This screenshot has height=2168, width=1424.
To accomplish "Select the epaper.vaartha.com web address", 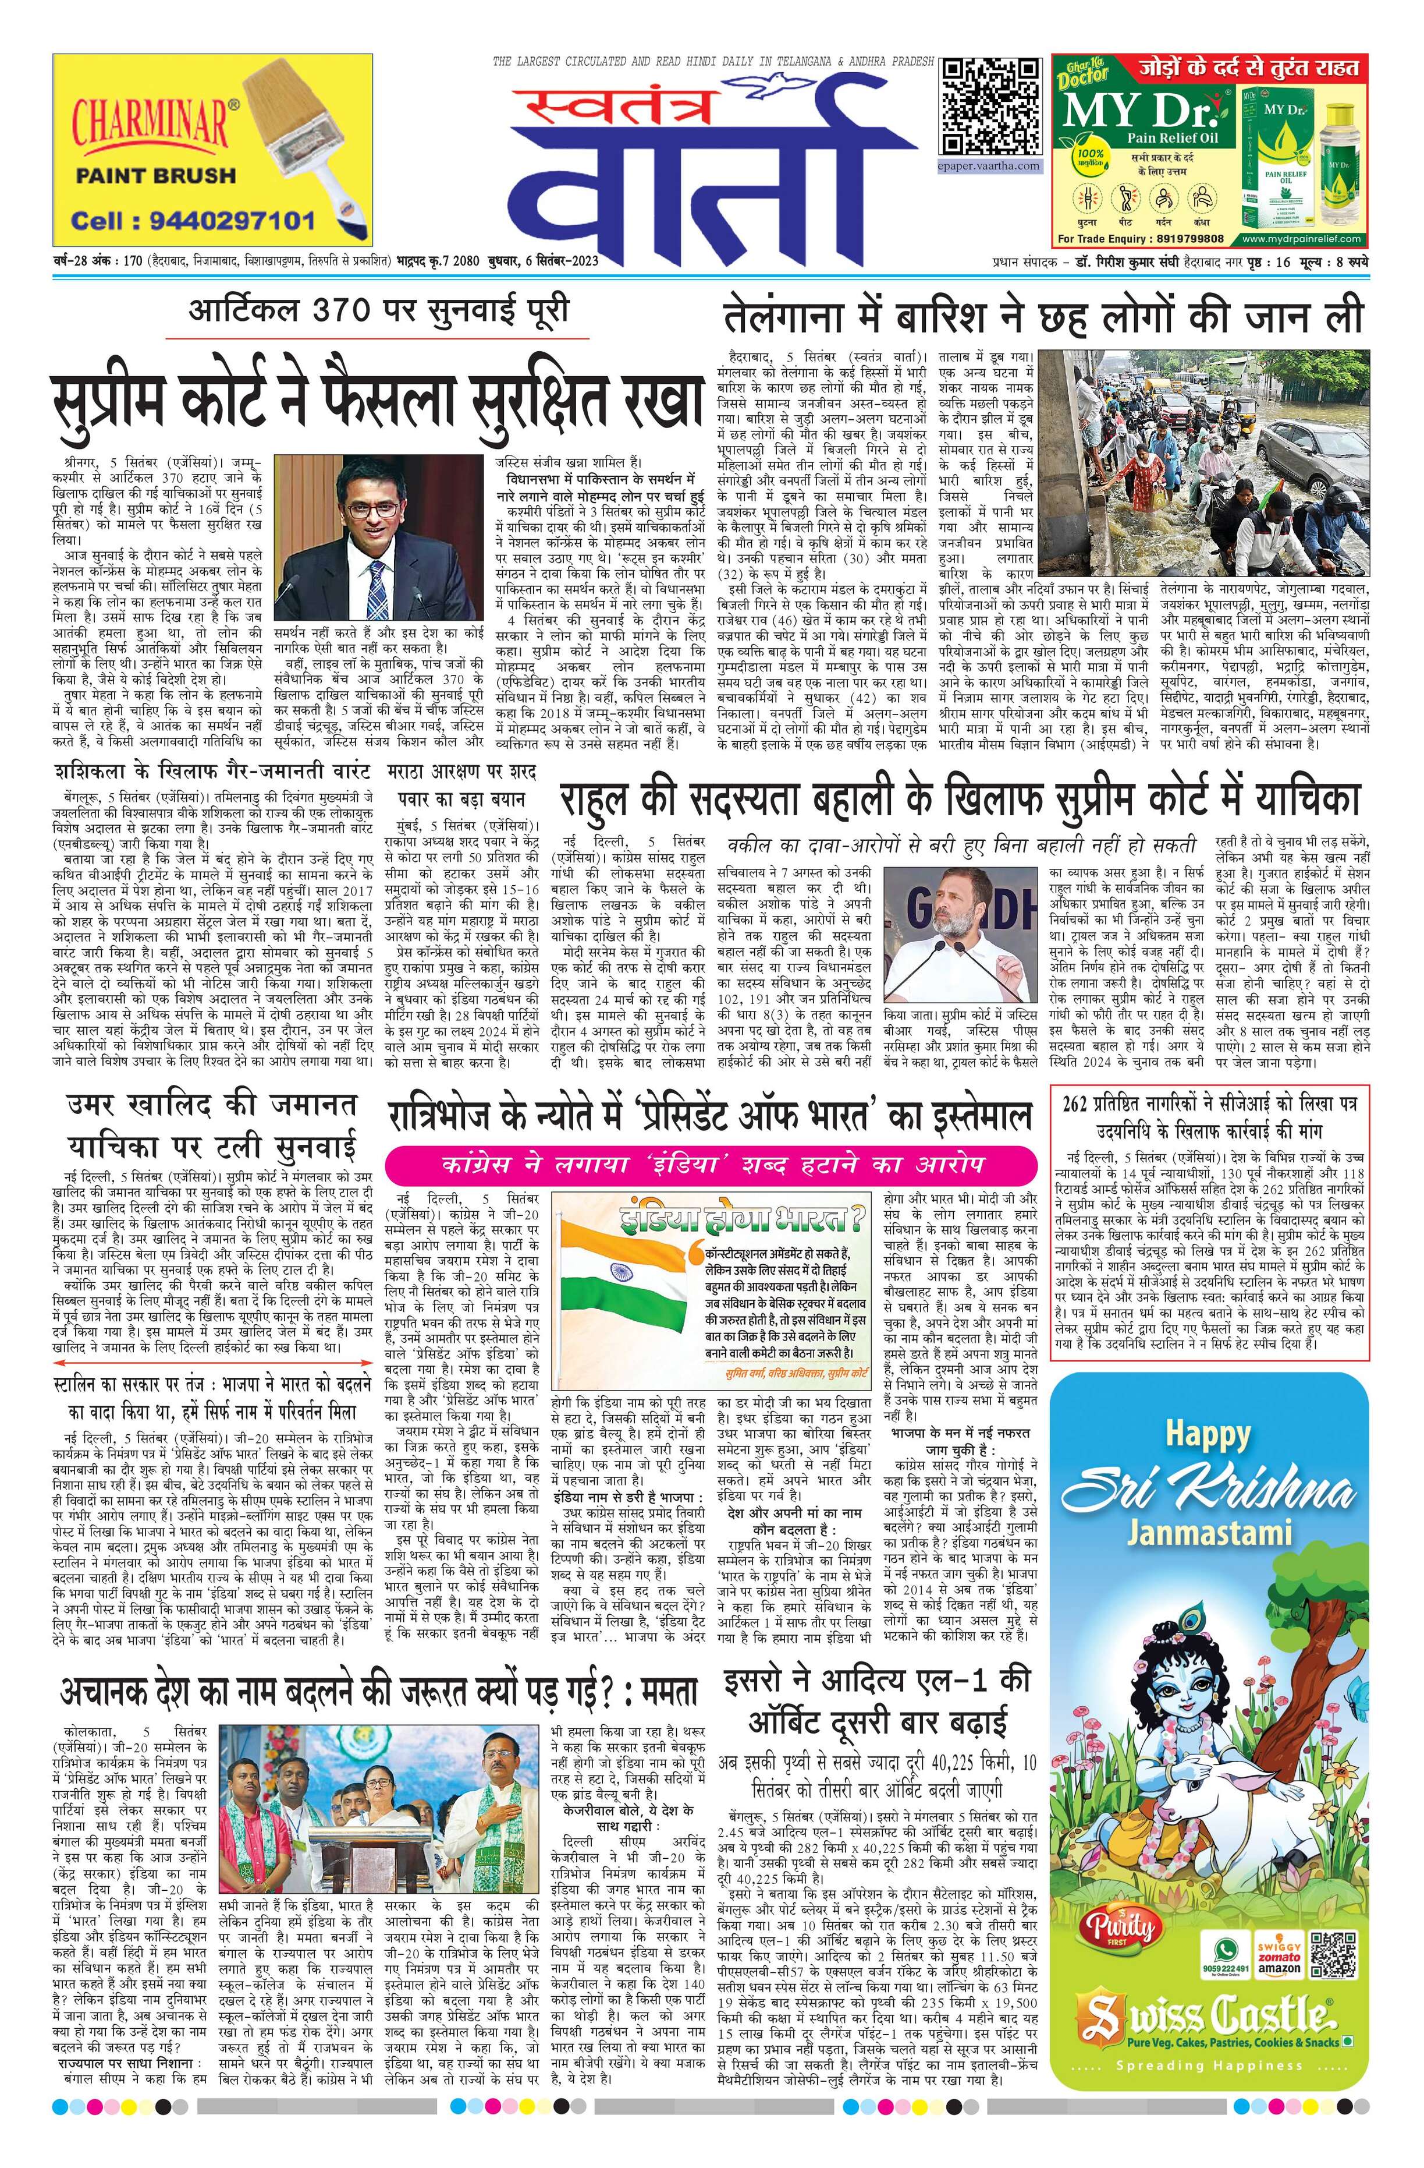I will (x=990, y=166).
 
